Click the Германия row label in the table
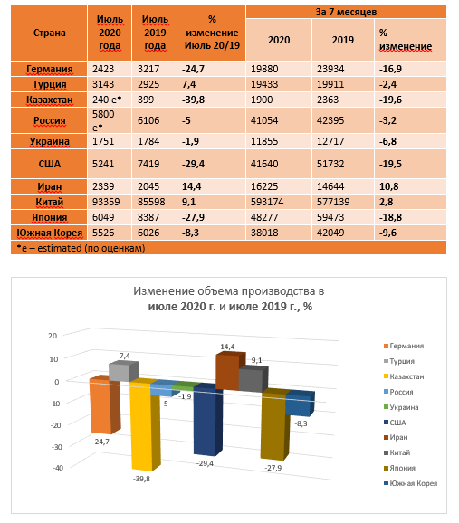click(x=50, y=69)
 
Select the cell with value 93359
click(x=107, y=202)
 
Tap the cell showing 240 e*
click(x=107, y=100)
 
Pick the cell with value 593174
click(x=267, y=202)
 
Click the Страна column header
click(x=50, y=33)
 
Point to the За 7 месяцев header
click(x=346, y=12)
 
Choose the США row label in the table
click(x=50, y=164)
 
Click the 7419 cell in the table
click(x=148, y=164)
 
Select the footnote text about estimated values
click(x=81, y=248)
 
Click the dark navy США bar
click(x=206, y=421)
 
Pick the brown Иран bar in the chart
click(x=230, y=371)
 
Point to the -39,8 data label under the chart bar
click(x=141, y=479)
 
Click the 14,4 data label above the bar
click(x=227, y=347)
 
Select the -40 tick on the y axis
click(x=57, y=468)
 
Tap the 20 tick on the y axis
click(x=53, y=336)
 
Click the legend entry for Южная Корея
click(x=411, y=483)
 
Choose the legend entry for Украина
click(x=401, y=407)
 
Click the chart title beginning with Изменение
click(x=229, y=299)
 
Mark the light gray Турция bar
click(x=124, y=372)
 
